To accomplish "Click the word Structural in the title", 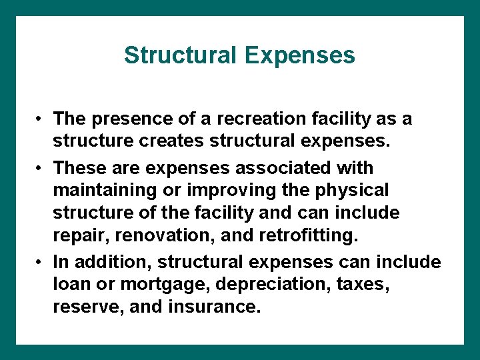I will click(x=181, y=55).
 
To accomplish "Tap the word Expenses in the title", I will click(x=299, y=55).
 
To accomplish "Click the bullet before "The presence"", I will click(x=41, y=120).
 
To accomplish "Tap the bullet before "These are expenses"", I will click(x=41, y=168).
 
